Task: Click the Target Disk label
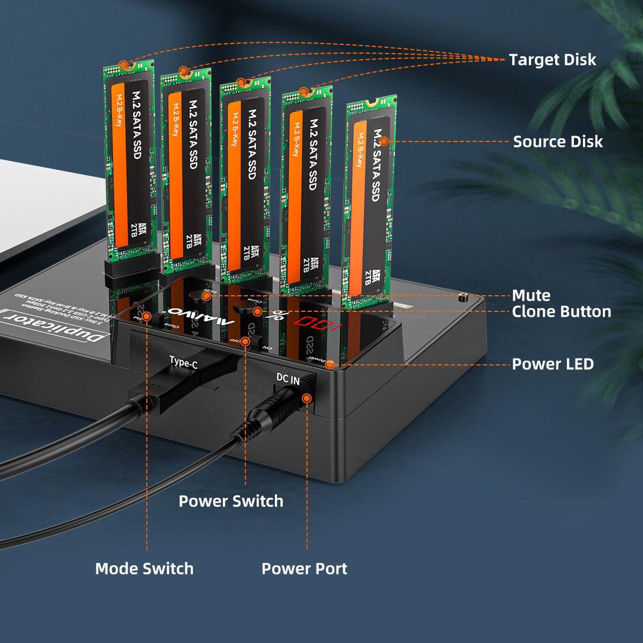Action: click(x=552, y=59)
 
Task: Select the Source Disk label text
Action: click(x=557, y=141)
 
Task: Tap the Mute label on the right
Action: click(x=531, y=295)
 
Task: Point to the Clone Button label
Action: click(x=561, y=311)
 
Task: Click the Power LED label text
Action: click(x=552, y=364)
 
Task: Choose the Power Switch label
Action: click(x=230, y=501)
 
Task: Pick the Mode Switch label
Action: click(x=144, y=568)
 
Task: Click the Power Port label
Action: click(x=304, y=568)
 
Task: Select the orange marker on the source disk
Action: click(x=384, y=141)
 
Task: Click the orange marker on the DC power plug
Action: click(x=307, y=398)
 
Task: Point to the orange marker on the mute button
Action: click(x=206, y=295)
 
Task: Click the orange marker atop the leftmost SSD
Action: click(x=125, y=64)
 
